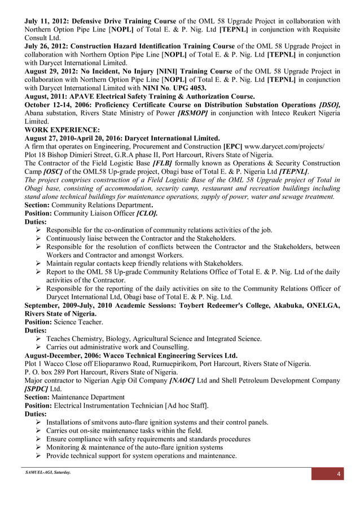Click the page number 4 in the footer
tap(339, 473)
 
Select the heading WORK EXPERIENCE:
tap(62, 129)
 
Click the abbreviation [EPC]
tap(233, 146)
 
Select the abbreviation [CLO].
tap(147, 214)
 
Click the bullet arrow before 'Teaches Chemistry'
tap(39, 339)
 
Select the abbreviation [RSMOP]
tap(192, 113)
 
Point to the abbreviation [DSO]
tap(330, 105)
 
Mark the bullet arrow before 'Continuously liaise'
tap(39, 238)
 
